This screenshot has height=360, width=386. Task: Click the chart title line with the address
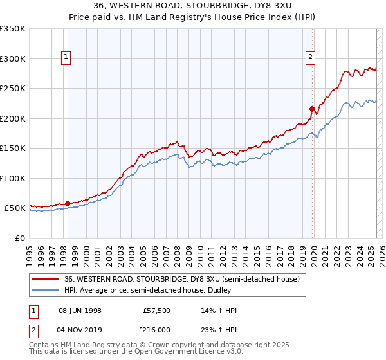coord(193,7)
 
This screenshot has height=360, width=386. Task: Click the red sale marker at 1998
coord(68,204)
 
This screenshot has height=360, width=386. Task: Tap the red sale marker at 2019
coord(312,109)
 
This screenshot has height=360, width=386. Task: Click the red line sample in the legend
coord(45,280)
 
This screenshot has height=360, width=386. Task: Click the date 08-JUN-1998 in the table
coord(80,310)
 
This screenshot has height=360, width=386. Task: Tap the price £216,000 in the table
coord(155,330)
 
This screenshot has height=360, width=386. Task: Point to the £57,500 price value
coord(157,310)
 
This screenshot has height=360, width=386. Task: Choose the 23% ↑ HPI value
coord(219,330)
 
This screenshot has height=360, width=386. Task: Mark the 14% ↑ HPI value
coord(219,310)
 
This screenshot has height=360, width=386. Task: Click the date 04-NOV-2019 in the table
coord(80,330)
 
